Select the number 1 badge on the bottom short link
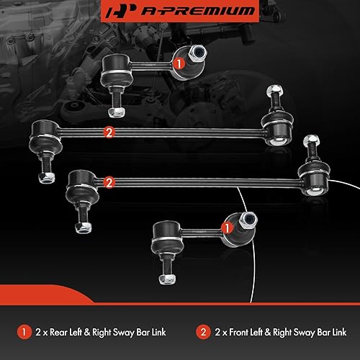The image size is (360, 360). [x=225, y=228]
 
